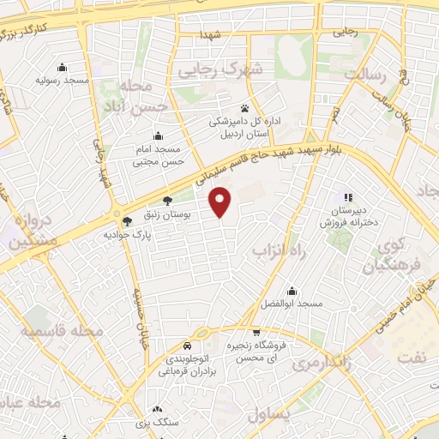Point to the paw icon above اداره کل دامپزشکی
[x=245, y=109]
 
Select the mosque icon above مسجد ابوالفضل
[x=293, y=290]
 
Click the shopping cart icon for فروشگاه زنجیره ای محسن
[x=256, y=332]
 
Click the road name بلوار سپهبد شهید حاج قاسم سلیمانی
[x=257, y=162]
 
